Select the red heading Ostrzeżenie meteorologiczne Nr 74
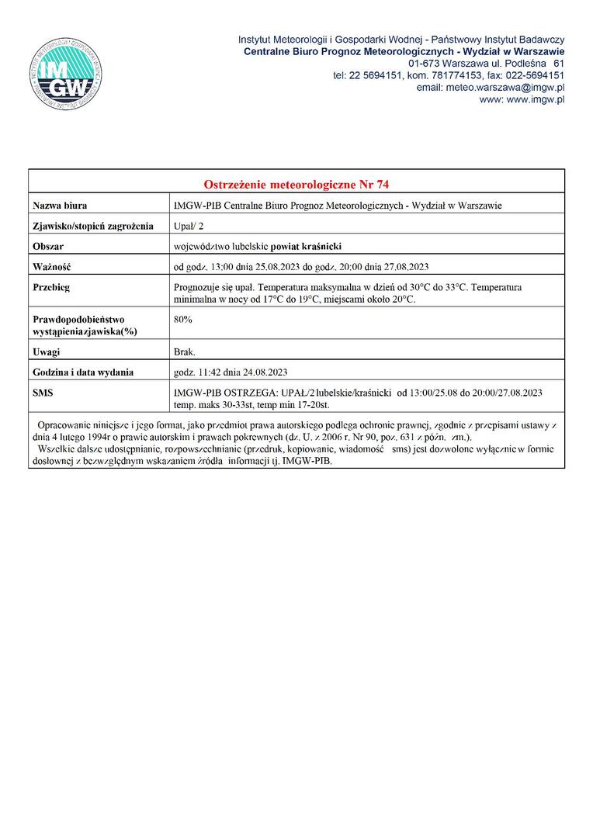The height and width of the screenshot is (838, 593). (x=296, y=185)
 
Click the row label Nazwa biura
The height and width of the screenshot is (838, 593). (x=60, y=206)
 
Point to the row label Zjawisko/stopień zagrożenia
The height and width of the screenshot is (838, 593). (x=93, y=226)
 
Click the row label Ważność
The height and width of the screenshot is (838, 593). (x=52, y=267)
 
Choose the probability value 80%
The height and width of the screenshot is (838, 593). (x=183, y=319)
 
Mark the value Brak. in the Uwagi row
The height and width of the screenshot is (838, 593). (x=185, y=352)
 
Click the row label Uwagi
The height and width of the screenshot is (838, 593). (x=47, y=352)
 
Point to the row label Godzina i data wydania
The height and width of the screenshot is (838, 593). (x=83, y=372)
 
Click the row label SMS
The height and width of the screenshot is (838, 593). (x=43, y=393)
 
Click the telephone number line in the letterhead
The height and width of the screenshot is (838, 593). (x=449, y=75)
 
